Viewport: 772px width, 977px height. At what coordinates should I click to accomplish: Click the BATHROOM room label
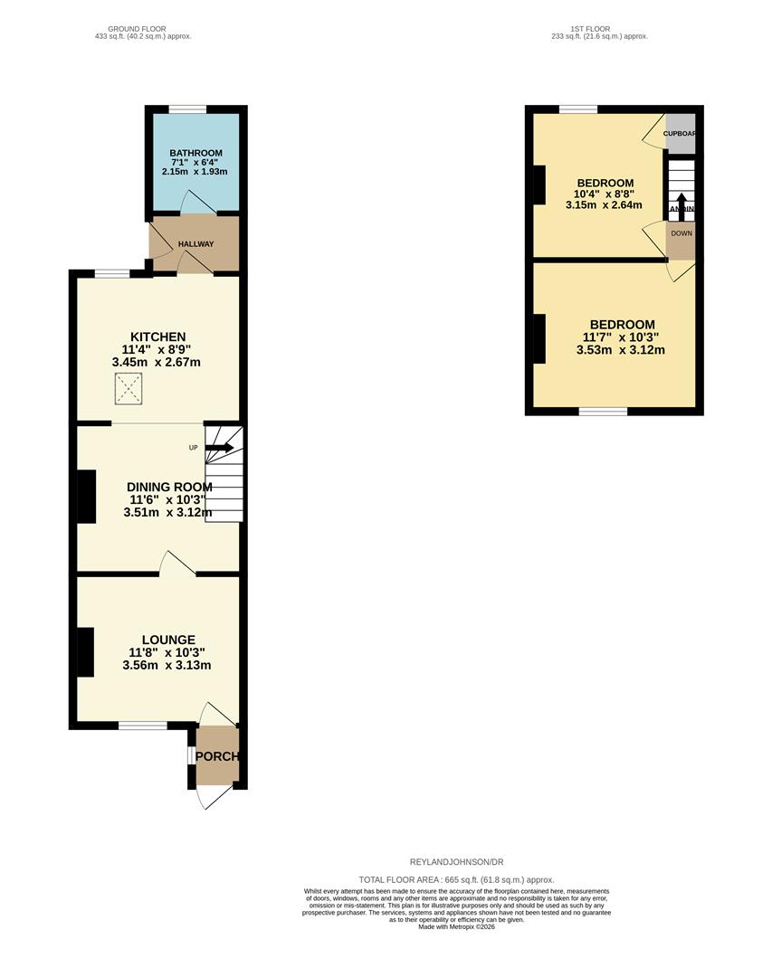pyautogui.click(x=195, y=154)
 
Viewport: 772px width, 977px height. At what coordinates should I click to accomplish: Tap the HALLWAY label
pyautogui.click(x=195, y=244)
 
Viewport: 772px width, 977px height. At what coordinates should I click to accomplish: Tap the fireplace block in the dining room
pyautogui.click(x=87, y=497)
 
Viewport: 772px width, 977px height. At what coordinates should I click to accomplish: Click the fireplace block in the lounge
pyautogui.click(x=85, y=652)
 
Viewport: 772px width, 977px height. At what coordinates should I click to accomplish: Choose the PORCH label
pyautogui.click(x=217, y=756)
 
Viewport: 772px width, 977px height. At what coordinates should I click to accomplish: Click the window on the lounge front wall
pyautogui.click(x=142, y=725)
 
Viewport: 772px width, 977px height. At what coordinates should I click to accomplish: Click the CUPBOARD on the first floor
pyautogui.click(x=681, y=133)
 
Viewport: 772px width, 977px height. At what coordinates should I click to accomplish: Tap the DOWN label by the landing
pyautogui.click(x=681, y=233)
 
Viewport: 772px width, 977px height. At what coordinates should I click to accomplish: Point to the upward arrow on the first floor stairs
pyautogui.click(x=680, y=201)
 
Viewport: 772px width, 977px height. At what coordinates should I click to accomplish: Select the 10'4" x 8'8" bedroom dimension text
pyautogui.click(x=604, y=194)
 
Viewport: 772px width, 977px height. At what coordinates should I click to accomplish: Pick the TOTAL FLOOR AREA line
pyautogui.click(x=456, y=879)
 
